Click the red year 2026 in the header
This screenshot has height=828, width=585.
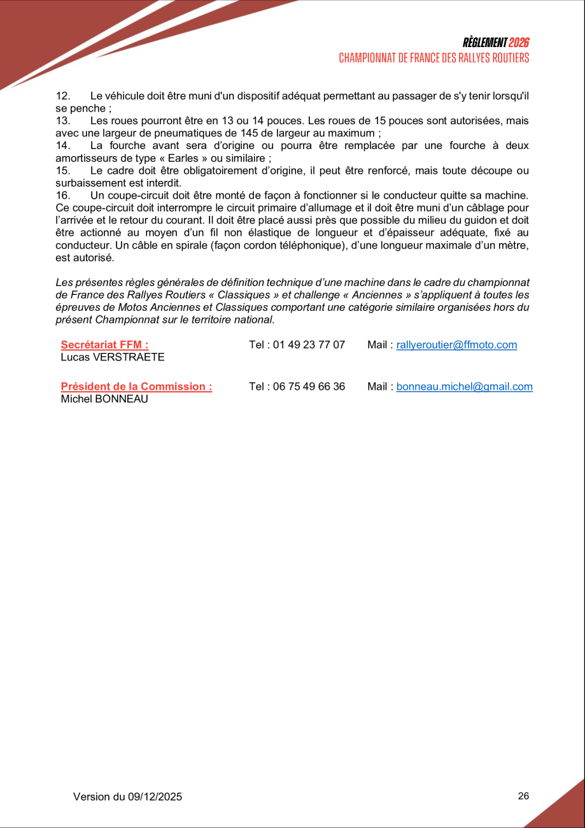click(519, 43)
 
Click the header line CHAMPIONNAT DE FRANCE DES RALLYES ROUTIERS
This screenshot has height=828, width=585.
click(433, 58)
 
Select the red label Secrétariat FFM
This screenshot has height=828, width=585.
click(104, 345)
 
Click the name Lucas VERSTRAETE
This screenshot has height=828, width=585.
click(113, 357)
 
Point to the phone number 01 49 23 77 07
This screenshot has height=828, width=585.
click(309, 345)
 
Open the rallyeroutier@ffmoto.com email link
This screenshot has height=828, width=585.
click(456, 345)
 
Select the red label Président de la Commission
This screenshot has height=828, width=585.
click(136, 387)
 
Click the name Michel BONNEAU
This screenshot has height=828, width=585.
click(104, 399)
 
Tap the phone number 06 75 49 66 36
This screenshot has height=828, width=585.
click(309, 387)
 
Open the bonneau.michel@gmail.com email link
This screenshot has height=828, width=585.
click(464, 387)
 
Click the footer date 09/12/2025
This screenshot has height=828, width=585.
click(155, 797)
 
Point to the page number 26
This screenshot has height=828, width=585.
click(523, 796)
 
